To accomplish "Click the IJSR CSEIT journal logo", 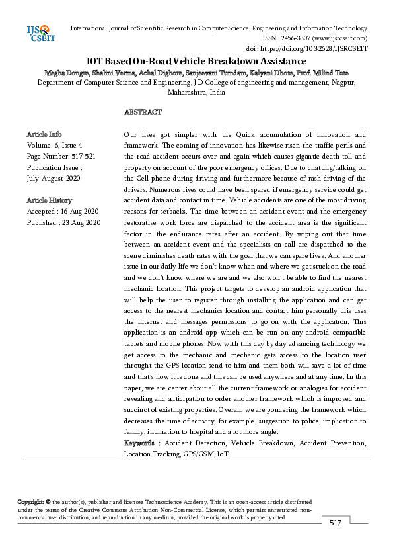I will click(40, 33).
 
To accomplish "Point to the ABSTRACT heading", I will click(143, 112).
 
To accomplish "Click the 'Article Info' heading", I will click(44, 134).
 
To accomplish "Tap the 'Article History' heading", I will click(50, 200).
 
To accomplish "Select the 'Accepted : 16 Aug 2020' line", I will click(63, 212).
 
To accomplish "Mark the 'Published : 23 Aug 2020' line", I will click(63, 223).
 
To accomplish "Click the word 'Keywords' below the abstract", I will click(139, 443).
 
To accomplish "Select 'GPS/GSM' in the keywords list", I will click(197, 454).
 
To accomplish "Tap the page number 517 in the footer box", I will click(336, 523).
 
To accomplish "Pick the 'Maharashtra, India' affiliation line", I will click(196, 93).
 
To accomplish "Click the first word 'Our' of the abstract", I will click(131, 134).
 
